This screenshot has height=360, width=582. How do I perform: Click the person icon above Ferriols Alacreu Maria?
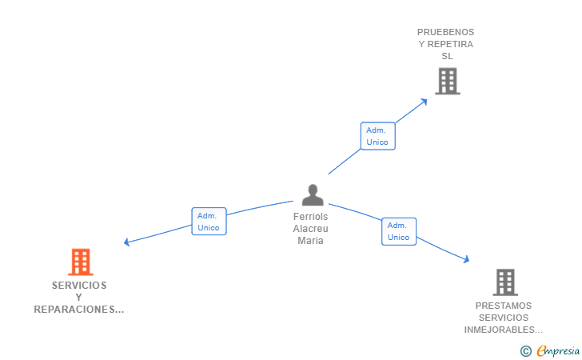click(313, 194)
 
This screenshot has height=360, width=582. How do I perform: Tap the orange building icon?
click(80, 262)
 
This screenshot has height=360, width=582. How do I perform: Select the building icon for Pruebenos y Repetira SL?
click(448, 81)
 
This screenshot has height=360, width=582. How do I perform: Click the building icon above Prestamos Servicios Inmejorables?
click(504, 282)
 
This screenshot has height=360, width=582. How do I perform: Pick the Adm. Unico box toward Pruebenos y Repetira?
click(377, 136)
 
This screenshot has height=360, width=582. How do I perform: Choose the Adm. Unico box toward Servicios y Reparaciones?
click(209, 222)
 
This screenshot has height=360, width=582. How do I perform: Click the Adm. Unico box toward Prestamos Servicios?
click(398, 231)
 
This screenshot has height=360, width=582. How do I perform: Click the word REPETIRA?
click(452, 44)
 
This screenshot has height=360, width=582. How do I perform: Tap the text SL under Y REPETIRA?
click(447, 56)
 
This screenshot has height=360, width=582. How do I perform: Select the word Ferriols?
click(310, 217)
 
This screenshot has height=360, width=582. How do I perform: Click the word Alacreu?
click(310, 229)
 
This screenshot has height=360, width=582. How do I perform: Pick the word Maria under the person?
click(310, 240)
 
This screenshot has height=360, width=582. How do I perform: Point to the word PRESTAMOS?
click(503, 306)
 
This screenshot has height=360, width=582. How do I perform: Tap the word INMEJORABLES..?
click(503, 330)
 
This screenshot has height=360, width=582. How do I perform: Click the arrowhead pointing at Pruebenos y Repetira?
click(427, 101)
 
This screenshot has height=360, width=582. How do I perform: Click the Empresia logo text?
click(557, 350)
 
